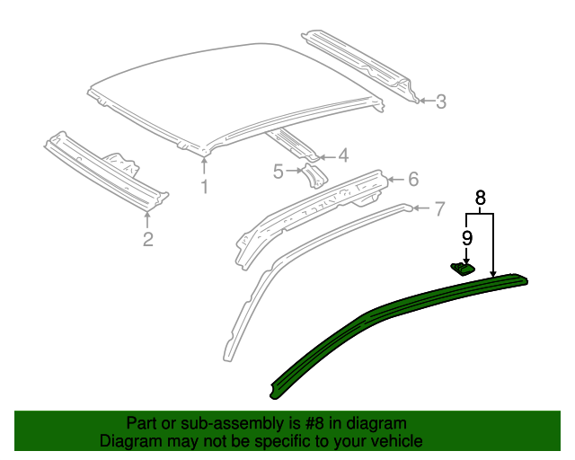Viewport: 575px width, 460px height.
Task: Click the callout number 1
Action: pos(204,187)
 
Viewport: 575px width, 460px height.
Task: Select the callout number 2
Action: pos(147,238)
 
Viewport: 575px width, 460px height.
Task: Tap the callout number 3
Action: pos(440,102)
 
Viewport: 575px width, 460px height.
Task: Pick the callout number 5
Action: pos(279,170)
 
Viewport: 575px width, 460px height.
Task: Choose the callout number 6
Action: pos(412,179)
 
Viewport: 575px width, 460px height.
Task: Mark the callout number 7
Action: pos(438,209)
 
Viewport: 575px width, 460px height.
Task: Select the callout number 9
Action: pos(467,237)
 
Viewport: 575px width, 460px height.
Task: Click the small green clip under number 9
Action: pos(462,267)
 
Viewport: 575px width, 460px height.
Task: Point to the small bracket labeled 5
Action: pos(314,174)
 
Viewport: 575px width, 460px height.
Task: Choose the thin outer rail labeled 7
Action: pos(261,287)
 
